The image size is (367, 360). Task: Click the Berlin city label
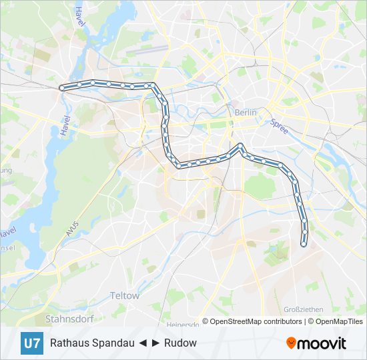246,113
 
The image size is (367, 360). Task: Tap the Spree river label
279,126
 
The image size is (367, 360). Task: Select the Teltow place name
125,295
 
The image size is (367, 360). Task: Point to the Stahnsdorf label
68,318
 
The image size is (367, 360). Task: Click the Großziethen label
304,309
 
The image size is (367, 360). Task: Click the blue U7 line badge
31,343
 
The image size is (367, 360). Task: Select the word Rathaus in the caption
69,343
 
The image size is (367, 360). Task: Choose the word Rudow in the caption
181,343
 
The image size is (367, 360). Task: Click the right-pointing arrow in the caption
155,343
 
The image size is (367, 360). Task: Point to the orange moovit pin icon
292,343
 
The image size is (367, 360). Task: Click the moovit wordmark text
322,343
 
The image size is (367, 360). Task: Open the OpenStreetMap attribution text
234,321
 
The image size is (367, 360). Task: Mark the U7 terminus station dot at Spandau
62,87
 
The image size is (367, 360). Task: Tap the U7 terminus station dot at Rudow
304,244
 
